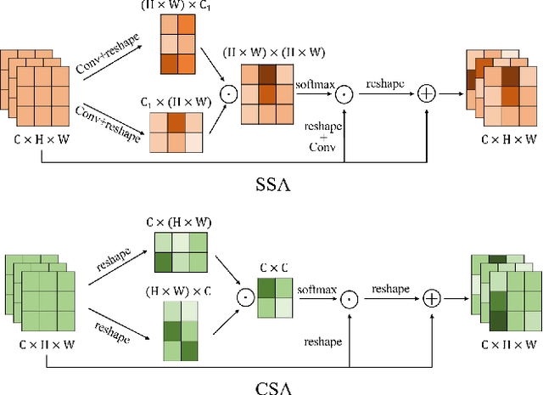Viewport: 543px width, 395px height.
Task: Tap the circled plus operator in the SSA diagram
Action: pyautogui.click(x=428, y=94)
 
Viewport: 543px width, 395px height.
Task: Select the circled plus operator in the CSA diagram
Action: pyautogui.click(x=433, y=298)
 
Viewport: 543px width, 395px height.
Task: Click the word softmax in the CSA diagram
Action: pyautogui.click(x=313, y=289)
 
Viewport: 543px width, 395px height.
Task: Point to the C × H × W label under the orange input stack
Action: pyautogui.click(x=42, y=139)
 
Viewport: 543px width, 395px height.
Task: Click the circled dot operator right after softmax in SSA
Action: pyautogui.click(x=342, y=94)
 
